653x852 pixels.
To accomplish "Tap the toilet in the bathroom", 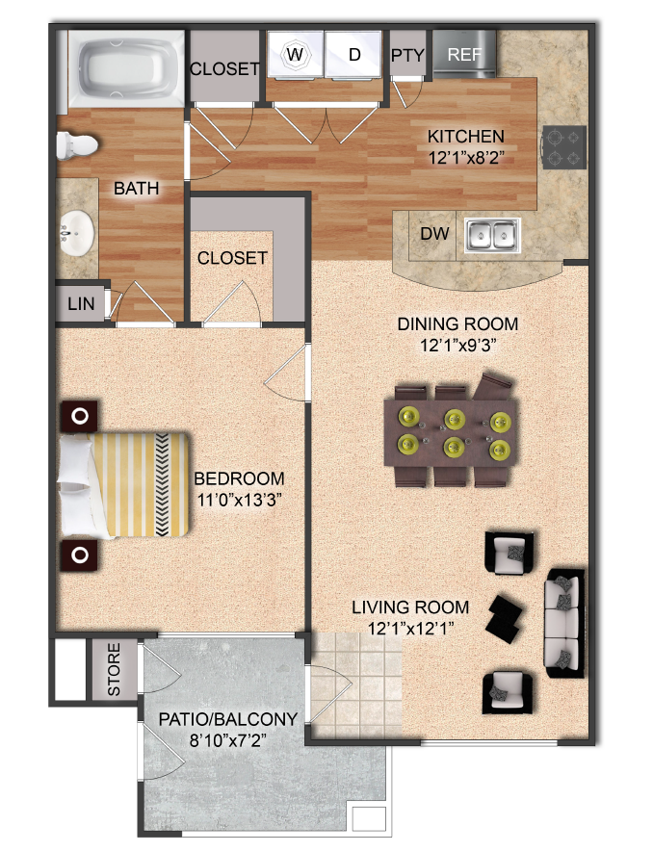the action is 77,145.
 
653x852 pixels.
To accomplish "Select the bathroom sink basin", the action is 76,233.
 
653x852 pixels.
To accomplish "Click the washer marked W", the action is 296,54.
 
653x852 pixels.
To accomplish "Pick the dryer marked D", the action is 353,54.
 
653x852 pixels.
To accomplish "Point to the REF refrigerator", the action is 464,54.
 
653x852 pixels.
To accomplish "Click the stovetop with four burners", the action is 563,147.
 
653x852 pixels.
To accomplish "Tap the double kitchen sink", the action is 492,236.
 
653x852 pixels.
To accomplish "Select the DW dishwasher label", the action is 434,234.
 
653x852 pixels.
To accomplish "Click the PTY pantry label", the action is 407,56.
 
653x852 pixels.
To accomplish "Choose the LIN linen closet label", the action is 81,303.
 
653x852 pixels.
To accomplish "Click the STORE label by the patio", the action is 114,669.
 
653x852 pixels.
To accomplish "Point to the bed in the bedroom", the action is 124,484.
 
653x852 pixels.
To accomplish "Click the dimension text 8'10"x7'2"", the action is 228,740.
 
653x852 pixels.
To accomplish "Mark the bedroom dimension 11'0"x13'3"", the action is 239,500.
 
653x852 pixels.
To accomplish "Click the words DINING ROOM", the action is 457,323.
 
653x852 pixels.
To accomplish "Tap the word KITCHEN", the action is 466,136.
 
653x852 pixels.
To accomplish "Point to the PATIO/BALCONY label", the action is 228,719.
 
